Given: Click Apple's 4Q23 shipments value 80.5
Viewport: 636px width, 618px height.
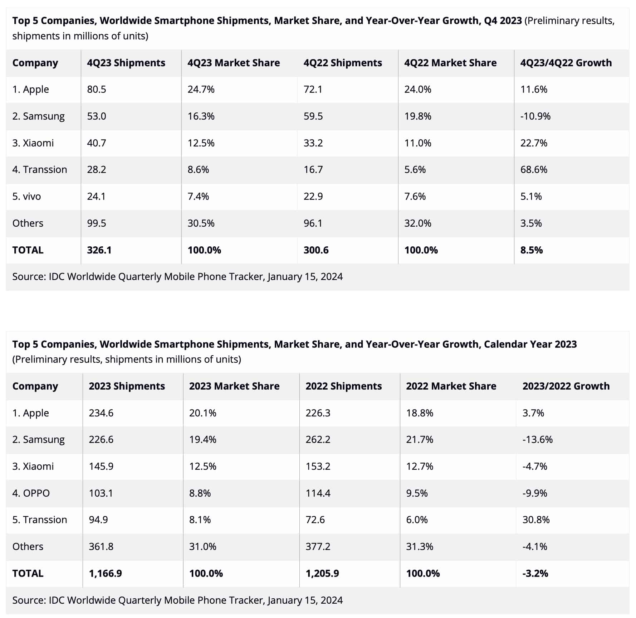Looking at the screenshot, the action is (97, 90).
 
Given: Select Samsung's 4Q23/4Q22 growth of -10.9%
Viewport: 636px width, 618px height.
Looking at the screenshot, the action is (535, 116).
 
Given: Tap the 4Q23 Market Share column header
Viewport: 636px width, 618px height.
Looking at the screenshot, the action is (234, 63).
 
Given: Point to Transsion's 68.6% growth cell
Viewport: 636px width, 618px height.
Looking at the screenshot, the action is (534, 170).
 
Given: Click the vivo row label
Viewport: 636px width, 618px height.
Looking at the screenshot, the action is (26, 197).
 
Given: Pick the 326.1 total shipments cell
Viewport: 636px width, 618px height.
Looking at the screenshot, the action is (99, 250).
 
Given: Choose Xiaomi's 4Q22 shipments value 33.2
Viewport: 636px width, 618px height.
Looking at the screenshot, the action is (313, 143).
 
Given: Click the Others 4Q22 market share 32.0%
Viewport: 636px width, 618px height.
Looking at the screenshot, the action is (418, 223).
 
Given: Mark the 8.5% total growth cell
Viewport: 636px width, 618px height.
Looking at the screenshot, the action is (531, 250).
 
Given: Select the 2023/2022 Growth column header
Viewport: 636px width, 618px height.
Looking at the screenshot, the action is (566, 386).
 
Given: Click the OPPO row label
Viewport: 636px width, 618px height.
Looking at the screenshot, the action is (31, 493).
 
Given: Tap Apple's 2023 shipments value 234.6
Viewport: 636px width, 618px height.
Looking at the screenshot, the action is (101, 413).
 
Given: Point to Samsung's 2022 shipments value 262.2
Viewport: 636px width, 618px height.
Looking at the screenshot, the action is (318, 440).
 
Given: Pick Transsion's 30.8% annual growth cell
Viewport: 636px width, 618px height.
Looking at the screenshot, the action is (536, 520).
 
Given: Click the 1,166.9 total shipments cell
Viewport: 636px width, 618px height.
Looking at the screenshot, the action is (105, 574).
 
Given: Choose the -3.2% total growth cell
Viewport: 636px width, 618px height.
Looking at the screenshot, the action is (535, 574).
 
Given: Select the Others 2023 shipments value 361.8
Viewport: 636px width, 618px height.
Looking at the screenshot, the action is (101, 547).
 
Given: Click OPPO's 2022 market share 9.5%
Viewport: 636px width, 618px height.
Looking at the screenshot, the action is (417, 493).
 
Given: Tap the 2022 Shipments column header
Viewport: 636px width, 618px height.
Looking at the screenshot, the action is (343, 386).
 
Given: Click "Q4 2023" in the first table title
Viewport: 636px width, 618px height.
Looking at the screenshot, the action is (503, 21).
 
